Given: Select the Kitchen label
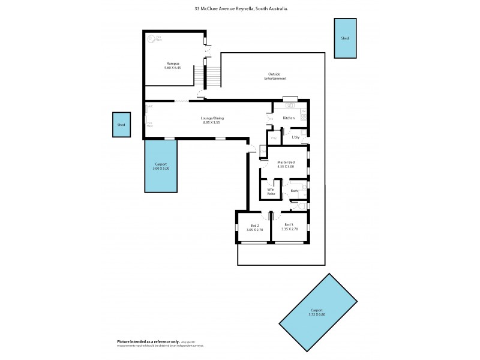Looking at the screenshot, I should pyautogui.click(x=289, y=118).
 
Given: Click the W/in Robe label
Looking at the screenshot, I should pyautogui.click(x=271, y=193).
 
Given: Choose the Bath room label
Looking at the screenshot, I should pyautogui.click(x=294, y=191).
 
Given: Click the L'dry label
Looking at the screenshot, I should pyautogui.click(x=296, y=137).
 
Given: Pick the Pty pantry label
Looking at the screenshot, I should pyautogui.click(x=274, y=139).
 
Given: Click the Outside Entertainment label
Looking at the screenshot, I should pyautogui.click(x=277, y=76).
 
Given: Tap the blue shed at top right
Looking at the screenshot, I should pyautogui.click(x=344, y=38).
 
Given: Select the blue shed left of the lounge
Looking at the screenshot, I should pyautogui.click(x=122, y=125).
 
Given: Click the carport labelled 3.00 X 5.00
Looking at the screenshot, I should pyautogui.click(x=161, y=166).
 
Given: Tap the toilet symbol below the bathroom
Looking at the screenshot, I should pyautogui.click(x=301, y=205).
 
